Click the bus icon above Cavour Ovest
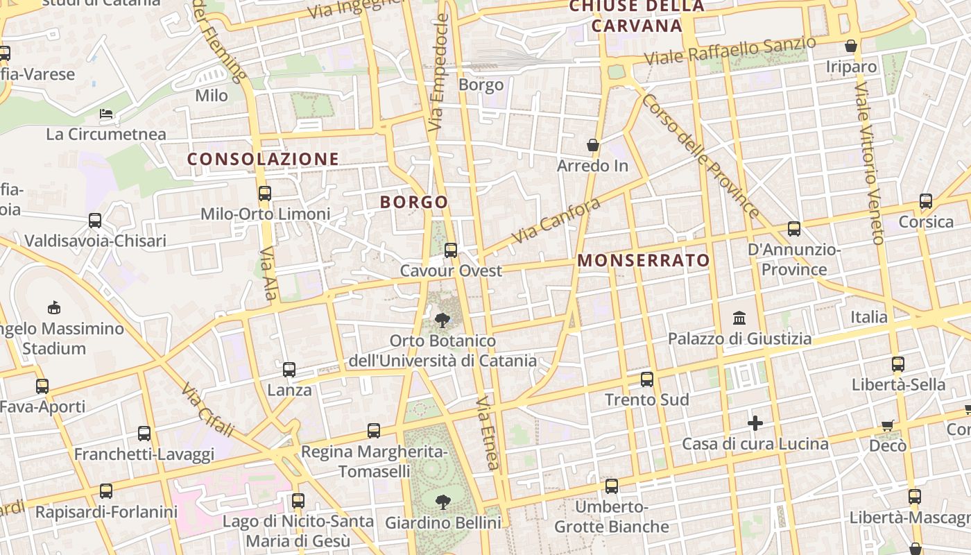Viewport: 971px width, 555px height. [451, 250]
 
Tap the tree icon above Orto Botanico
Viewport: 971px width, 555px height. [442, 320]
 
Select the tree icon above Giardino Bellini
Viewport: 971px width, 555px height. [442, 502]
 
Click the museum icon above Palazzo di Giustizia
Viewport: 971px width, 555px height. [739, 318]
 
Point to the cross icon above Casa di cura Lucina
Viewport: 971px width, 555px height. [755, 422]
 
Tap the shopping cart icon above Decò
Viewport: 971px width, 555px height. [887, 425]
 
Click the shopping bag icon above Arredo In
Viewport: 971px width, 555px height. [593, 145]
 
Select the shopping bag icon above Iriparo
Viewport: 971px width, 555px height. [851, 46]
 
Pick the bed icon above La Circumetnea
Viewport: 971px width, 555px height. [106, 114]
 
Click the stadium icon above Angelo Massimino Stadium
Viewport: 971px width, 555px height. [53, 307]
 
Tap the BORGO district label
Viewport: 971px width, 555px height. [414, 202]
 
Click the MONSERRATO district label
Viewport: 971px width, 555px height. [644, 260]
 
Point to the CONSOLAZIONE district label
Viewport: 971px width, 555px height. [263, 159]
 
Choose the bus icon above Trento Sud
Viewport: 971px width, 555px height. [647, 379]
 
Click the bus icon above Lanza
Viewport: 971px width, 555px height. [289, 370]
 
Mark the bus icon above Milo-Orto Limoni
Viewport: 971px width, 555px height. [264, 194]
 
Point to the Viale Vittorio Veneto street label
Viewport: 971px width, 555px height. [868, 164]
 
